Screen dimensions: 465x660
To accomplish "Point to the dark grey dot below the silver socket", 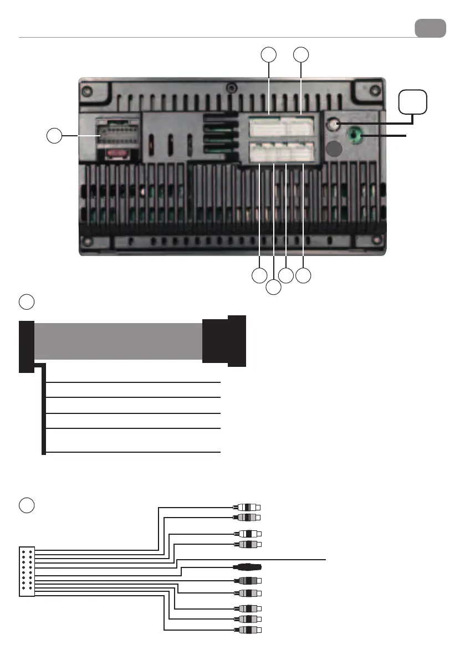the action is coord(334,149).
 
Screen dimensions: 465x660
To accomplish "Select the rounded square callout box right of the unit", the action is coord(413,102).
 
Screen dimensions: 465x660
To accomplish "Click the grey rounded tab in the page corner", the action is coord(430,28).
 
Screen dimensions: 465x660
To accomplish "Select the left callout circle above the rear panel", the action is coord(269,54).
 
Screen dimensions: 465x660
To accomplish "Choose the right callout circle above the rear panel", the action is coord(300,54).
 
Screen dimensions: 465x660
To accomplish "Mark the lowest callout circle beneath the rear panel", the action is coord(273,288).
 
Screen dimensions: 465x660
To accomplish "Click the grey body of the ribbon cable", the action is coord(118,342).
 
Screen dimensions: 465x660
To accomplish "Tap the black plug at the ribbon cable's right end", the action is coord(224,340).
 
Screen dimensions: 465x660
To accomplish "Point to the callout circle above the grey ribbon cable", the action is coord(27,302).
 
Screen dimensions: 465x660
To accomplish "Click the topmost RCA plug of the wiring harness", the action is coord(247,507).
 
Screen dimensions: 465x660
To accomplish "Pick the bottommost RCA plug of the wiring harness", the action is coord(247,630).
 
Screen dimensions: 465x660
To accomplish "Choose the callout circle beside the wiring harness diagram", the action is coord(27,505).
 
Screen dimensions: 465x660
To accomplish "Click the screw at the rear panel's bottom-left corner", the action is coord(87,242).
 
